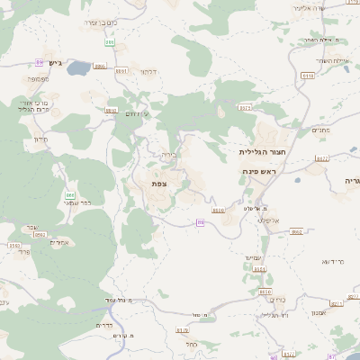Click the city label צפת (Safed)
159,184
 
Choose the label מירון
40,139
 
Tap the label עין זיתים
134,114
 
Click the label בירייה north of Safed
169,155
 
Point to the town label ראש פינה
258,171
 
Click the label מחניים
319,130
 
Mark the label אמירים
59,242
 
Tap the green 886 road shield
69,194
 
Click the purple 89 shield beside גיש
40,62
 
